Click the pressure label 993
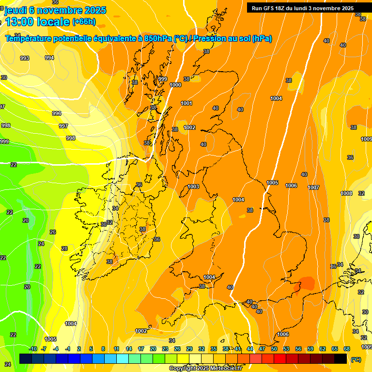pos(24,58)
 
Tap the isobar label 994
pos(49,58)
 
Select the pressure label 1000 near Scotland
pos(176,85)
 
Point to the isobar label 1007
pos(313,187)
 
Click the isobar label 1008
pos(346,193)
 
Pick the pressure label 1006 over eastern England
pos(291,186)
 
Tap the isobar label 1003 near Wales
pos(193,186)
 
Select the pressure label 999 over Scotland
pos(163,79)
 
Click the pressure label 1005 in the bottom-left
pos(50,339)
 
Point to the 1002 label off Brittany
pos(141,331)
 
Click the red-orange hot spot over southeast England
pos(307,283)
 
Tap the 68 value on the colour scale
pos(347,349)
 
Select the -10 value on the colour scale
pos(33,349)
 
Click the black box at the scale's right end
pos(341,358)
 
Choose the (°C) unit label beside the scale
pos(356,359)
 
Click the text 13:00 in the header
pos(19,22)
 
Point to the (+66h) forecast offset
pos(84,22)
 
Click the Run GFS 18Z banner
pos(302,8)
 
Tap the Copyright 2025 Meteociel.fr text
pos(205,368)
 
